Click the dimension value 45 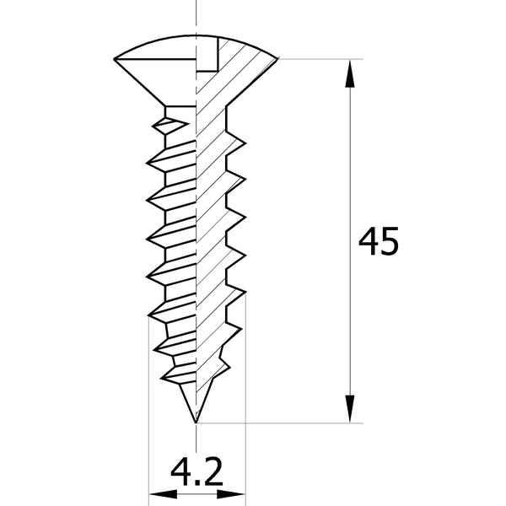379,241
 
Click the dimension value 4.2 196,472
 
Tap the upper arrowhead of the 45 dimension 350,73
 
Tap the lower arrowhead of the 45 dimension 350,409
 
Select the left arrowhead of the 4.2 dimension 163,494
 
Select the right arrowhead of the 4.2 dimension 231,494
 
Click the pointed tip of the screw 196,423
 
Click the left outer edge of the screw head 114,59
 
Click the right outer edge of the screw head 277,58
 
